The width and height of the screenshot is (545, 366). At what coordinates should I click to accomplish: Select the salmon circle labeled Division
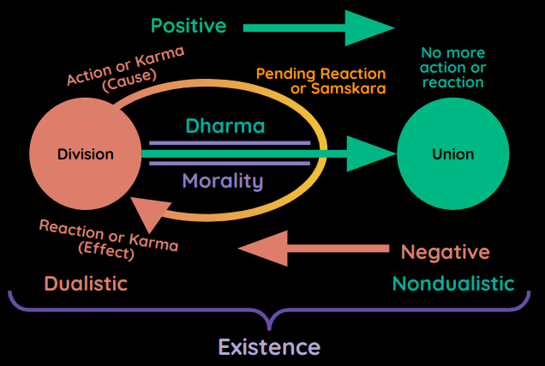(x=85, y=154)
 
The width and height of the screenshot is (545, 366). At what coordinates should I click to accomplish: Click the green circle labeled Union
(x=452, y=154)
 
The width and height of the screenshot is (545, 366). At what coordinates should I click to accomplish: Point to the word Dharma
(x=225, y=126)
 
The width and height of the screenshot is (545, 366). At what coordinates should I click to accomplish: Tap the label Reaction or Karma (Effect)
(x=107, y=239)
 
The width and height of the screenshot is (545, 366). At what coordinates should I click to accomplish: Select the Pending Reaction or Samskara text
(x=320, y=81)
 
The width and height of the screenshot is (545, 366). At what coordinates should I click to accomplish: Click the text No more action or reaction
(x=452, y=67)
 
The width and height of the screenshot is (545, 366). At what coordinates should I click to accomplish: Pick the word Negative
(x=446, y=252)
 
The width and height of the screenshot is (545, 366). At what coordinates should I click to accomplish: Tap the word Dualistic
(x=86, y=283)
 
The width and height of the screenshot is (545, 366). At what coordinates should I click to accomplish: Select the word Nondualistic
(x=453, y=283)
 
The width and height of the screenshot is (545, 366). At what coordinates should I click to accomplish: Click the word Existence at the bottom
(x=269, y=347)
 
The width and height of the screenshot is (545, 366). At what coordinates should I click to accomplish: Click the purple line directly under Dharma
(x=230, y=142)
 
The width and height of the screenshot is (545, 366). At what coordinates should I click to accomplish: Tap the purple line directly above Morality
(x=230, y=163)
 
